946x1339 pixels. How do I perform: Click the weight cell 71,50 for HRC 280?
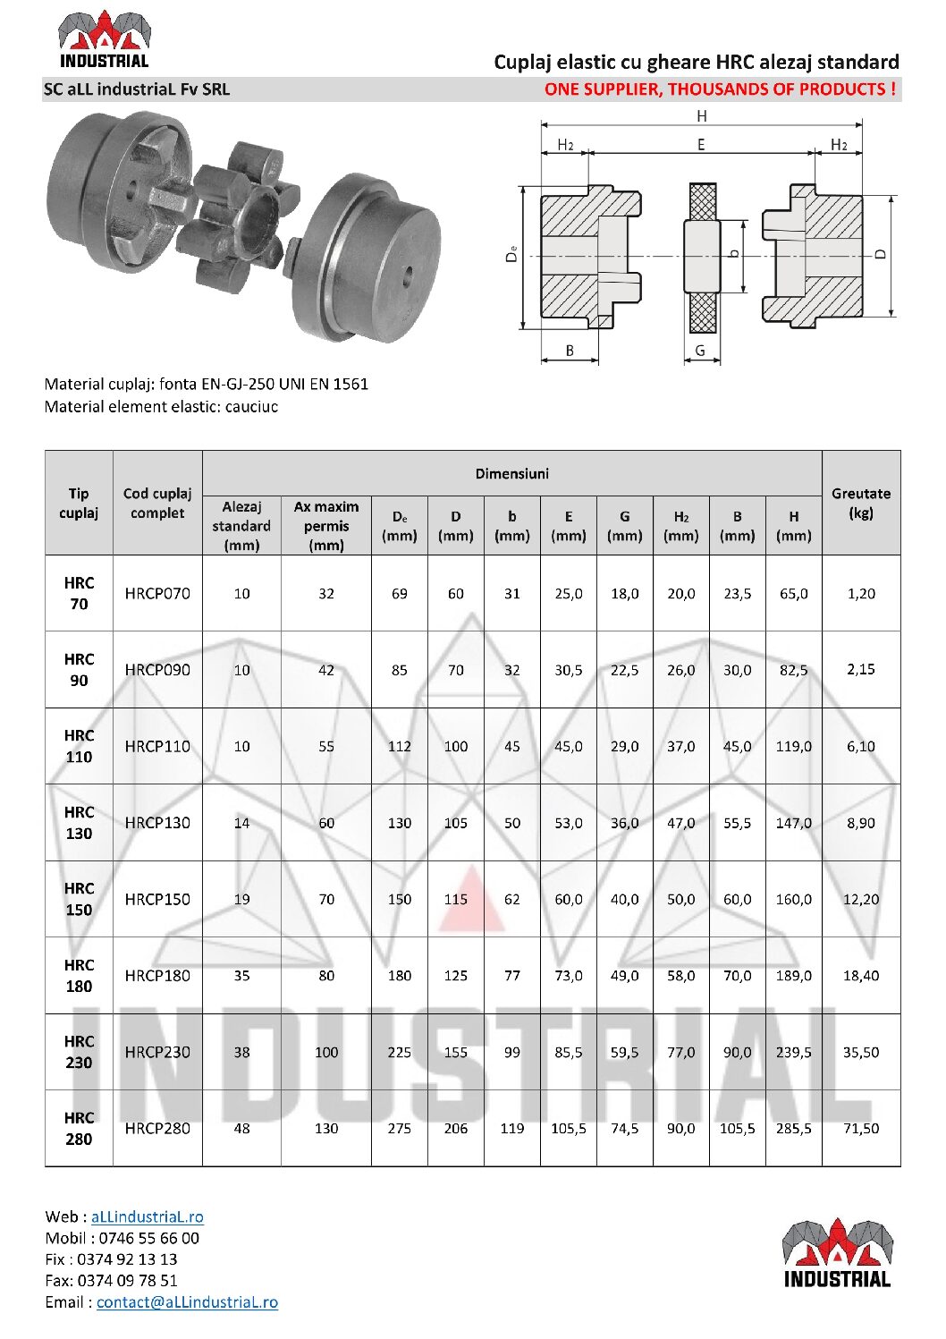pyautogui.click(x=860, y=1128)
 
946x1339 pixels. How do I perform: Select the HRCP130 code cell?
pyautogui.click(x=157, y=823)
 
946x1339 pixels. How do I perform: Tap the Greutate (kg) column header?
pyautogui.click(x=860, y=503)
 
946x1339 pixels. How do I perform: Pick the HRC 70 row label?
pyautogui.click(x=79, y=593)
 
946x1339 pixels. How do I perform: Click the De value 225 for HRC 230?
pyautogui.click(x=399, y=1052)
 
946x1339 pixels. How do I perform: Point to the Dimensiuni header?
pyautogui.click(x=511, y=473)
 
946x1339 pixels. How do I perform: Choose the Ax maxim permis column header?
pyautogui.click(x=325, y=526)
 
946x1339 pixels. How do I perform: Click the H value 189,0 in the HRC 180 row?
pyautogui.click(x=793, y=976)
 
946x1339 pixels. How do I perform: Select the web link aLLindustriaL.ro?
pyautogui.click(x=147, y=1216)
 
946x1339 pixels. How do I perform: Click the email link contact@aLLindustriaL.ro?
pyautogui.click(x=187, y=1302)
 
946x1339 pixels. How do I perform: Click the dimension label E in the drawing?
pyautogui.click(x=700, y=145)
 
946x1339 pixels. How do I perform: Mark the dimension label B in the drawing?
pyautogui.click(x=570, y=351)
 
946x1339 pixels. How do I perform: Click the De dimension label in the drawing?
pyautogui.click(x=511, y=254)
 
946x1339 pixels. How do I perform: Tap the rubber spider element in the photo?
pyautogui.click(x=240, y=215)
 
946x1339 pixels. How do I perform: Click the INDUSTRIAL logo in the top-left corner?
pyautogui.click(x=104, y=39)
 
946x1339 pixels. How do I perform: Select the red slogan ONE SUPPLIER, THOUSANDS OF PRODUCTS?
pyautogui.click(x=720, y=89)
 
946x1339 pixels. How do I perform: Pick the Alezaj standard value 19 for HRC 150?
pyautogui.click(x=241, y=899)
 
